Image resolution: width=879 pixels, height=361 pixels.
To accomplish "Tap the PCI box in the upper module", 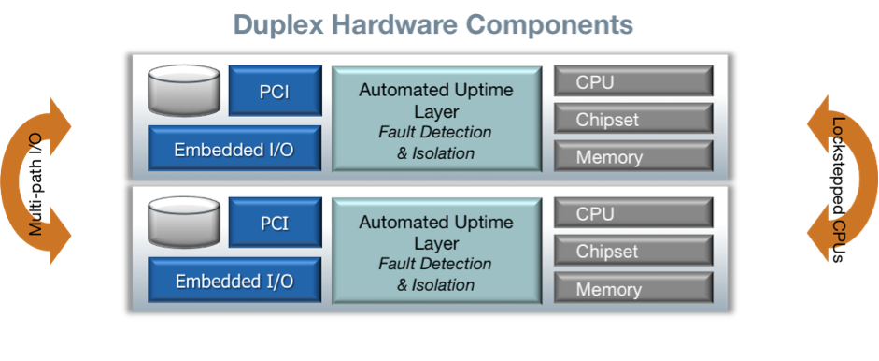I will tap(275, 91).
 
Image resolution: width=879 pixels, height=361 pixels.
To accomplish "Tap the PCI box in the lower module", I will tap(275, 224).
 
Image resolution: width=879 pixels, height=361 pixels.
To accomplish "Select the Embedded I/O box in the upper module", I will tap(234, 149).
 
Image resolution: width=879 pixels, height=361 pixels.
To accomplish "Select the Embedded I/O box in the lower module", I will tap(234, 281).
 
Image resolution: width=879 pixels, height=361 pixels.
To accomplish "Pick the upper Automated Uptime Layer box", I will tap(436, 120).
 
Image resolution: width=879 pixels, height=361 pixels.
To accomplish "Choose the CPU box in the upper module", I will tap(632, 81).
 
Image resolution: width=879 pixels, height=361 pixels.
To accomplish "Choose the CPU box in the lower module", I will tap(632, 214).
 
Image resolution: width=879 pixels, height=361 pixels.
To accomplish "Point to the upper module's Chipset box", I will tap(632, 119).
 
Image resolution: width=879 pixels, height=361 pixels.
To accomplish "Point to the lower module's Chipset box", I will tap(632, 252).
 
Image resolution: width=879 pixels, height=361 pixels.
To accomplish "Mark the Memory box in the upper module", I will tap(632, 156).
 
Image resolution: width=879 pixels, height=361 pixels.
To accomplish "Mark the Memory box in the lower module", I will tap(632, 289).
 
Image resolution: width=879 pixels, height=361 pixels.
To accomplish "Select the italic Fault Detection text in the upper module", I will tap(434, 132).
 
